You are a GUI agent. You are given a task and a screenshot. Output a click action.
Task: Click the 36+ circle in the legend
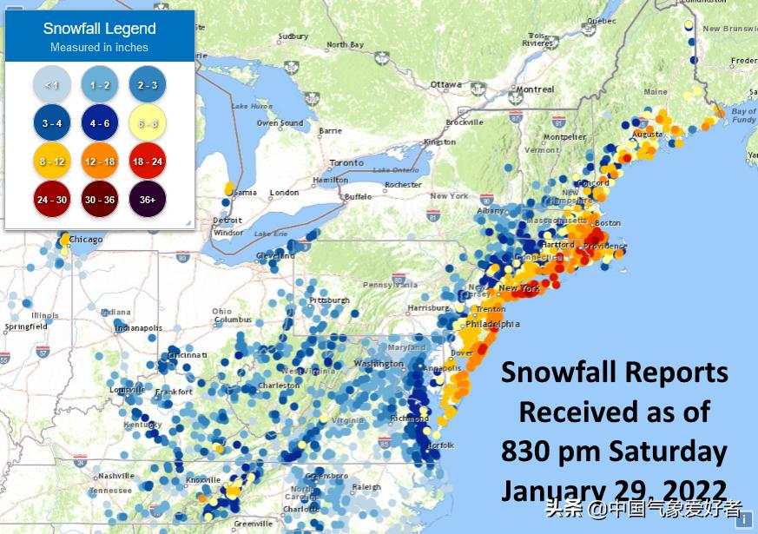148,199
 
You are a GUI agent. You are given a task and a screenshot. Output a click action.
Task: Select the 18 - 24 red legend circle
148,161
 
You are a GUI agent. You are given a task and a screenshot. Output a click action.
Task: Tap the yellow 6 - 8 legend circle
148,122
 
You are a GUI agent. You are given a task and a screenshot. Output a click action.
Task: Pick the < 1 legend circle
51,84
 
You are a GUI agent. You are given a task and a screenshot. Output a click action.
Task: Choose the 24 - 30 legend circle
51,199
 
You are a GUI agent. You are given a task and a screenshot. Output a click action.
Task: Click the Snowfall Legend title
99,29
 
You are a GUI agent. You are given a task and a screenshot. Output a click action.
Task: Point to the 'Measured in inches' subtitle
99,48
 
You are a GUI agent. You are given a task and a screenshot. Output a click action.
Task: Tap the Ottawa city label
446,84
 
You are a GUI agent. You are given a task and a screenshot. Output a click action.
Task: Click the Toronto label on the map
346,163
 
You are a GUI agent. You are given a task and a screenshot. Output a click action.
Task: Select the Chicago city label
86,240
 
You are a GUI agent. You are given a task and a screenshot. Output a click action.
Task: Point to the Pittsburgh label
329,300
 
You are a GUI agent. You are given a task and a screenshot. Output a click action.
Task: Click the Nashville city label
115,476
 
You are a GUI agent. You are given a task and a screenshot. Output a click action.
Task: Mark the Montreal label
535,89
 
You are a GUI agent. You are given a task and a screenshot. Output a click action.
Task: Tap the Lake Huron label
252,106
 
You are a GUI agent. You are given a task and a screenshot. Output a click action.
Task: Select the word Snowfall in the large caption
564,372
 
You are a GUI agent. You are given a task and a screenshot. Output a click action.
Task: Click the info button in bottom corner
743,519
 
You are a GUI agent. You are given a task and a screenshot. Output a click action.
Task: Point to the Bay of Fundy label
743,115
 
